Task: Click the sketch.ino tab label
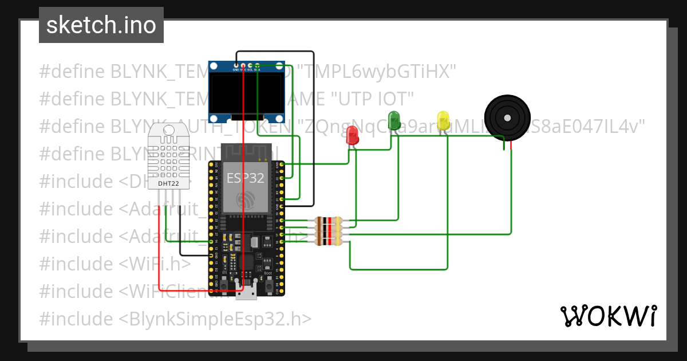coord(101,25)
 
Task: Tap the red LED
coord(352,135)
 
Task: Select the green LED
coord(394,120)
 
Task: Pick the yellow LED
coord(443,120)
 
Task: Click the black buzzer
coord(507,117)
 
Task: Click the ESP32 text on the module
coord(246,178)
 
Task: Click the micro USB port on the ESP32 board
coord(247,293)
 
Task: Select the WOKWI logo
coord(607,316)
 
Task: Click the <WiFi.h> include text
coord(156,264)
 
